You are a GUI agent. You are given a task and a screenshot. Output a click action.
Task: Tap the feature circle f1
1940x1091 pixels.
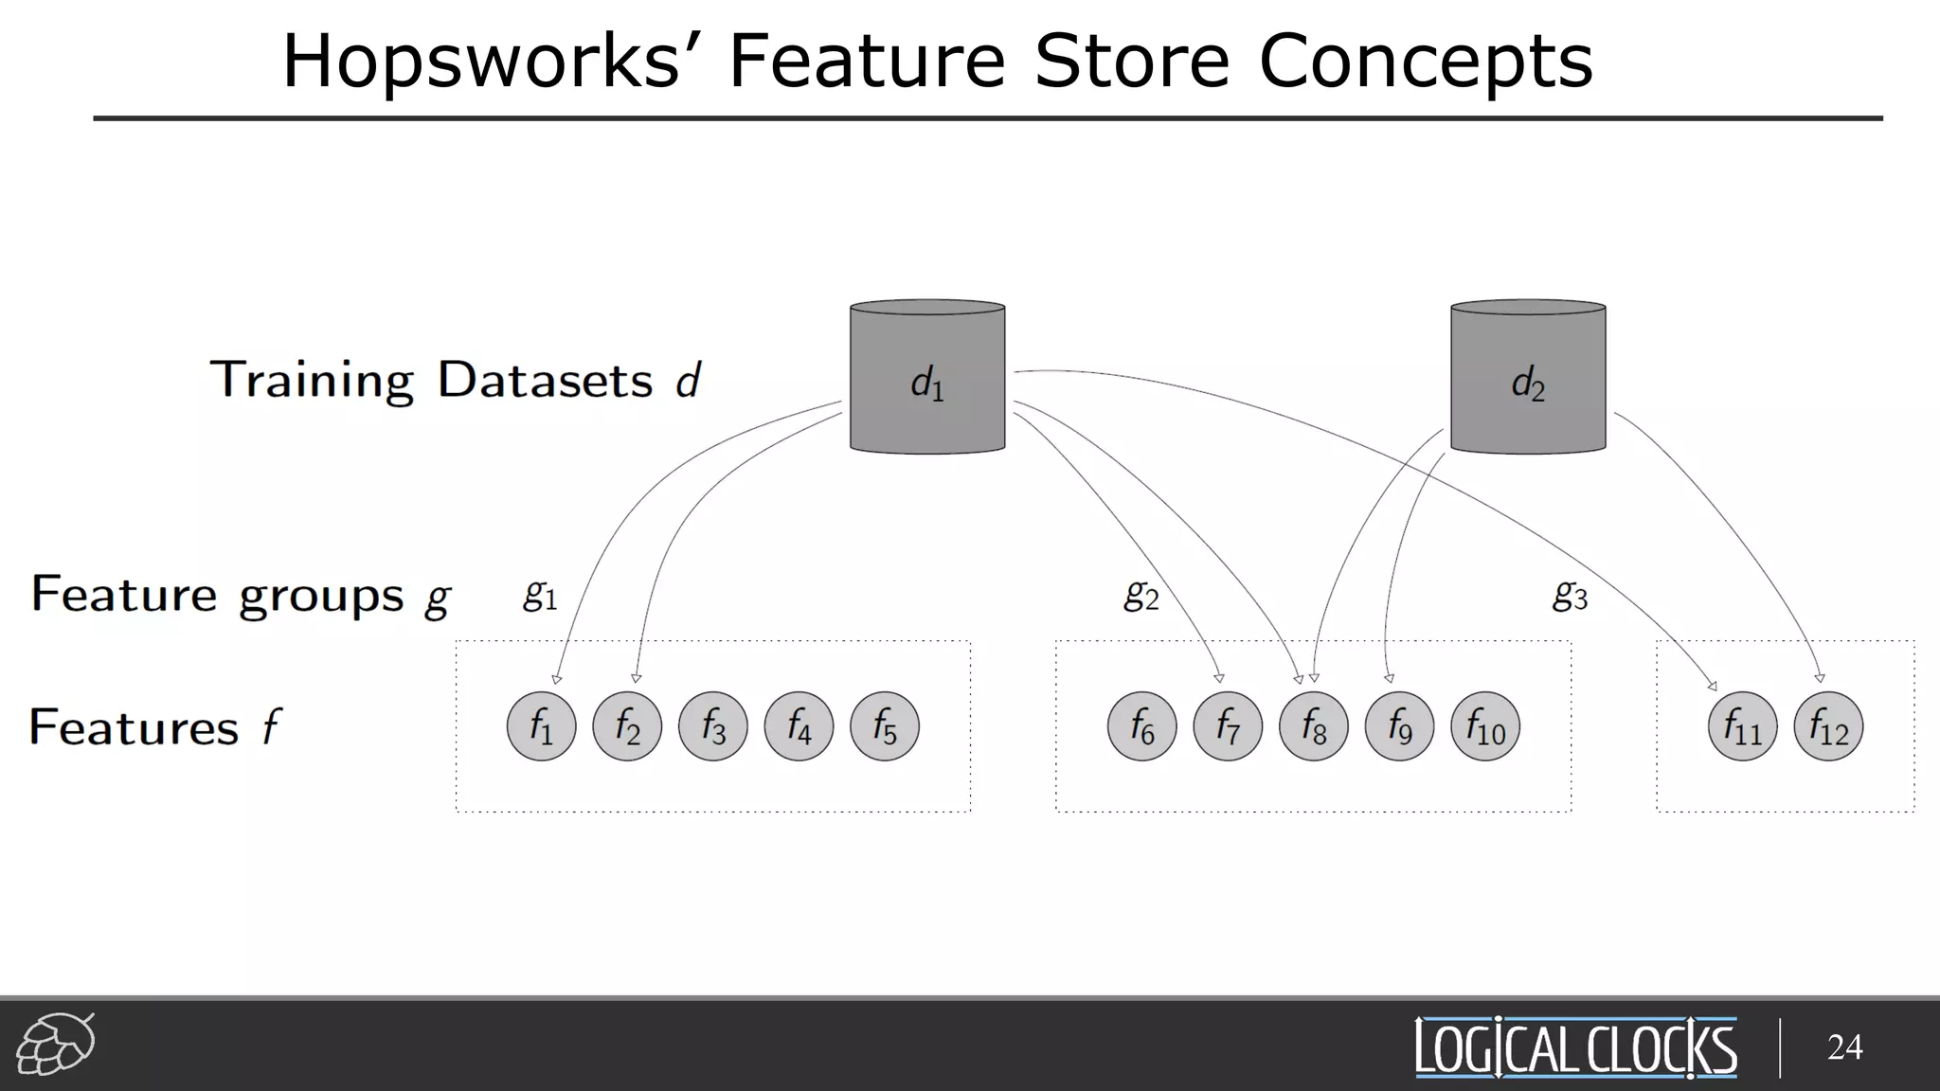coord(541,726)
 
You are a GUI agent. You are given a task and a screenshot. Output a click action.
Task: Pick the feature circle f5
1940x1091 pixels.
coord(885,726)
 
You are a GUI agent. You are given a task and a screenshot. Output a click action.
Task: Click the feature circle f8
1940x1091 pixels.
coord(1313,726)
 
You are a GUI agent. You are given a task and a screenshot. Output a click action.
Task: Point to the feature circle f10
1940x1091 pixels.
coord(1484,726)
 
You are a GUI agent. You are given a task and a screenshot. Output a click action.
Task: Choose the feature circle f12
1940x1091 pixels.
coord(1828,726)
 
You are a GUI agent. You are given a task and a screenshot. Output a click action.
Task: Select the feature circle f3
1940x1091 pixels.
coord(712,726)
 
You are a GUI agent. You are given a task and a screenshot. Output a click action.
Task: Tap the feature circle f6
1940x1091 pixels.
coord(1141,726)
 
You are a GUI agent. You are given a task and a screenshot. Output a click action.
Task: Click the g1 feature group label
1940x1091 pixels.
coord(540,595)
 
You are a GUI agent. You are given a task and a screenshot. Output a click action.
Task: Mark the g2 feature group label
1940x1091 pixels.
coord(1141,595)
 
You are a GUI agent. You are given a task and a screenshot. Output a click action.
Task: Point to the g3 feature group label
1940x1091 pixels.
coord(1570,595)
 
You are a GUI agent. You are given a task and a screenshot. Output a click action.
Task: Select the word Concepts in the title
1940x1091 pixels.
coord(1425,61)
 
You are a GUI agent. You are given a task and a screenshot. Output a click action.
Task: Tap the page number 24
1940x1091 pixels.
coord(1844,1047)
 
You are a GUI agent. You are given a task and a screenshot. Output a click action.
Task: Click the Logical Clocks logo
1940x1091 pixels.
coord(1575,1047)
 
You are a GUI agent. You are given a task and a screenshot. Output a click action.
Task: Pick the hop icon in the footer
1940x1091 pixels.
coord(56,1044)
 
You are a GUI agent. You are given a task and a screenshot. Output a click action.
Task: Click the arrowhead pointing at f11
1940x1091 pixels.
coord(1713,686)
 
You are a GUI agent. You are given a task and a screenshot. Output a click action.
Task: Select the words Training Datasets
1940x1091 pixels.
coord(431,380)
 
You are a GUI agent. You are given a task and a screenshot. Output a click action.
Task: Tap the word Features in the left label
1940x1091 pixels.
coord(134,727)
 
